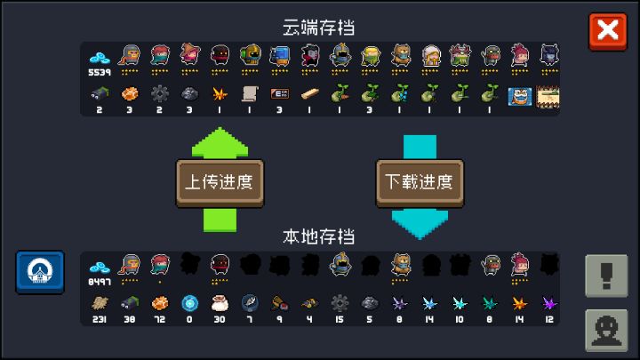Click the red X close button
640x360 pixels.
click(x=608, y=31)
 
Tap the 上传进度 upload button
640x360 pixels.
click(x=220, y=182)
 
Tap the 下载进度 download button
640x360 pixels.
click(x=420, y=182)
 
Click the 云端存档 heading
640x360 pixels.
click(x=319, y=28)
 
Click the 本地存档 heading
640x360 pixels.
click(x=319, y=236)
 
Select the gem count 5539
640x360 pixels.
click(x=100, y=73)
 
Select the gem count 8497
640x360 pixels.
click(x=100, y=282)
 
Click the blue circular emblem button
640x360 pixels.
click(x=40, y=272)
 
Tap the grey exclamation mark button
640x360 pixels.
click(x=606, y=276)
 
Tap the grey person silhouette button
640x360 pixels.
click(x=606, y=330)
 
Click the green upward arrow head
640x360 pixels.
click(x=220, y=142)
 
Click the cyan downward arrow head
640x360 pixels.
click(x=420, y=224)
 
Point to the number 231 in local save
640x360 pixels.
click(x=100, y=320)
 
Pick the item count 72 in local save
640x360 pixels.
click(x=160, y=320)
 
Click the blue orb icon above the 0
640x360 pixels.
click(x=190, y=303)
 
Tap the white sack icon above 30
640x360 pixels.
click(x=220, y=303)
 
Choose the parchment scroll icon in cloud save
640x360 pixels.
click(x=250, y=94)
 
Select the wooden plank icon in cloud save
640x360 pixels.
click(x=310, y=94)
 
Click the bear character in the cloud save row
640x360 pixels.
click(x=400, y=55)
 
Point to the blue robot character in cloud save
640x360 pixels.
click(x=280, y=55)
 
